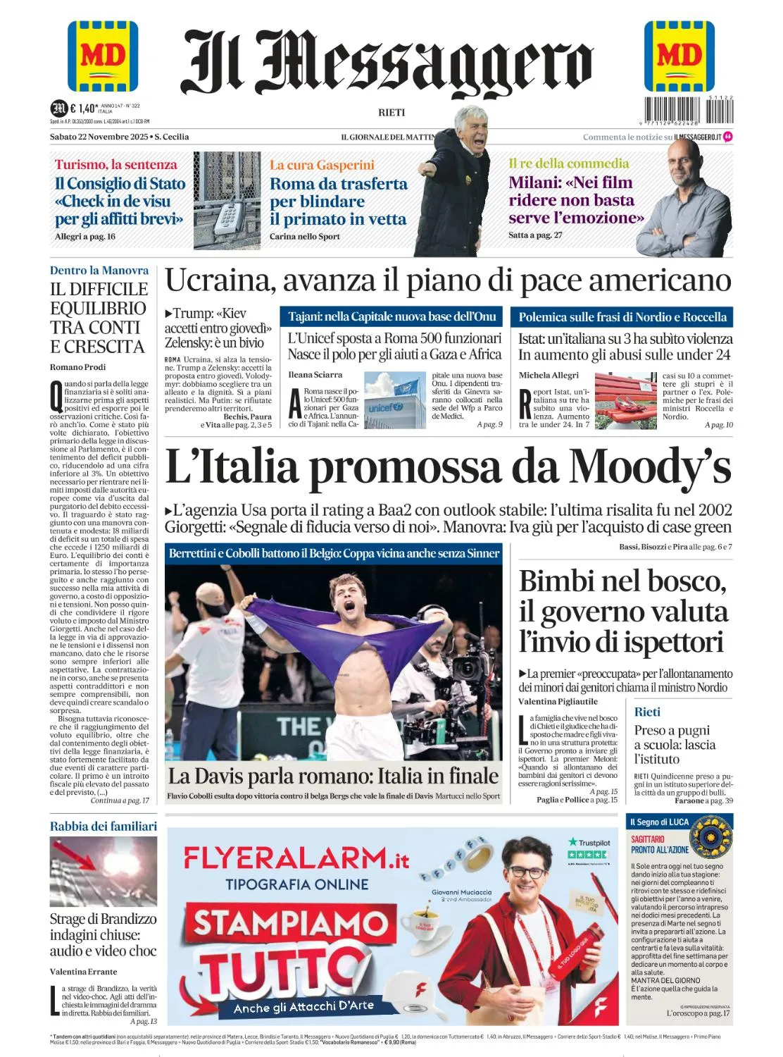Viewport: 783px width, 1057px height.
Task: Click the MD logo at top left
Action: click(x=103, y=56)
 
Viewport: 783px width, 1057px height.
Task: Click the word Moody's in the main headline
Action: click(x=651, y=466)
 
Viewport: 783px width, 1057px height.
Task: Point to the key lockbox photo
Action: click(x=227, y=201)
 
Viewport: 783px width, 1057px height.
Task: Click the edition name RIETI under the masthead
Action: click(x=391, y=113)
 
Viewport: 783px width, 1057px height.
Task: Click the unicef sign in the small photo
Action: click(x=386, y=407)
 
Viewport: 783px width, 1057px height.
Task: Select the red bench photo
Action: click(x=625, y=400)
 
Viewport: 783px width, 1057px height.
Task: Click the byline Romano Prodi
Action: click(x=77, y=367)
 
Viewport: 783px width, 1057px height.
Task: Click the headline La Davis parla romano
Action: click(x=332, y=776)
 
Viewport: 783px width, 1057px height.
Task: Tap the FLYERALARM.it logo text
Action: click(x=296, y=858)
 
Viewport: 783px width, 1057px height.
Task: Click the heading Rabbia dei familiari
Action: click(x=104, y=826)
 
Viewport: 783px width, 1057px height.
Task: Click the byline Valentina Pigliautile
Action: click(x=558, y=702)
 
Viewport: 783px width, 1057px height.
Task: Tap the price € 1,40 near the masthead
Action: click(x=83, y=108)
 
